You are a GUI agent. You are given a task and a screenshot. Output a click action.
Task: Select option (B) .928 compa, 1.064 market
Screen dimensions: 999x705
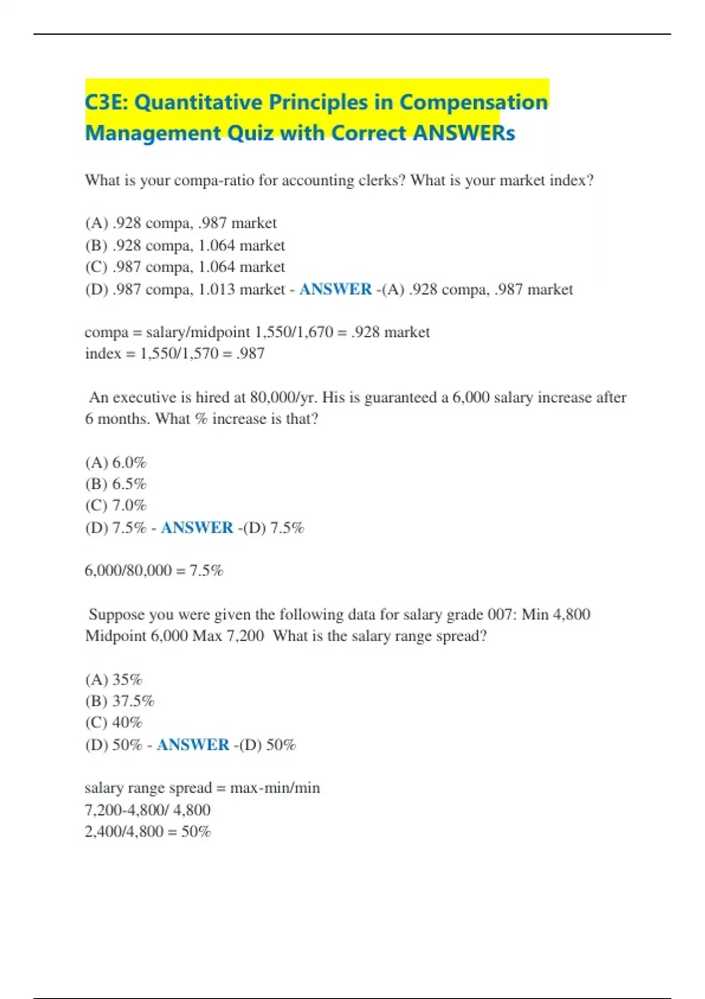tap(184, 245)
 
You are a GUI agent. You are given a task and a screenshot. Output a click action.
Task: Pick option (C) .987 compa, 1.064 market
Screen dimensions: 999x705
tap(184, 267)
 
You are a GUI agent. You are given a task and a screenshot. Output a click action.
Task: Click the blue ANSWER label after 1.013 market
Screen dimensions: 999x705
tap(335, 289)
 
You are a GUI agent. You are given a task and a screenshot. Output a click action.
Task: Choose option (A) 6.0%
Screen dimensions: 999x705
tap(116, 462)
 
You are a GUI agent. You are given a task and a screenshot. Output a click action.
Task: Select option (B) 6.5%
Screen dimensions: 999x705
tap(116, 484)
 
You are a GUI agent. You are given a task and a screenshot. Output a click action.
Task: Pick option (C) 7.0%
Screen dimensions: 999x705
tap(116, 505)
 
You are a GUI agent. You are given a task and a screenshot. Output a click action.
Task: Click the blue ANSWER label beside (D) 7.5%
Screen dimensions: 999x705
tap(197, 528)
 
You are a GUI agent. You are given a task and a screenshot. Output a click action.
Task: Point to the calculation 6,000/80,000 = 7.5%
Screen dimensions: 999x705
tap(154, 571)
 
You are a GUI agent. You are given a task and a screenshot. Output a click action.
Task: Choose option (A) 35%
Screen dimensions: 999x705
tap(114, 679)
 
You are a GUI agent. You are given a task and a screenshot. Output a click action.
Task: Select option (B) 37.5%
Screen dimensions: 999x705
tap(120, 701)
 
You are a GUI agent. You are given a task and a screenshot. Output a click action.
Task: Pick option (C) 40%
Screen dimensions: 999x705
tap(114, 722)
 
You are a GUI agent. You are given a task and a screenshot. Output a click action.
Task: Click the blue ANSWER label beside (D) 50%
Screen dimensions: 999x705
tap(193, 745)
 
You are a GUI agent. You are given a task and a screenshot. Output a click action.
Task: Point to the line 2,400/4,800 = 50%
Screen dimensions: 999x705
tap(147, 832)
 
